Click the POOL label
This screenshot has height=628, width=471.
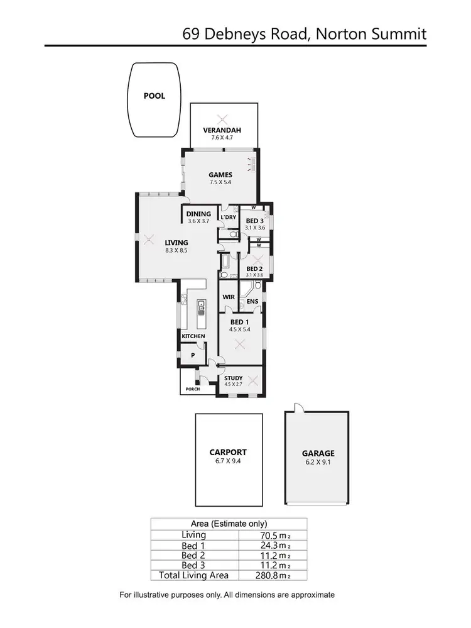point(154,96)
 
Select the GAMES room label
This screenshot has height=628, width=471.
point(221,175)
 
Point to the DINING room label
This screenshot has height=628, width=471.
point(198,214)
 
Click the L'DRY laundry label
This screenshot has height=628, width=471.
point(228,218)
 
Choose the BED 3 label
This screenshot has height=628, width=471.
point(254,221)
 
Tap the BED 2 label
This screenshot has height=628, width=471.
point(254,268)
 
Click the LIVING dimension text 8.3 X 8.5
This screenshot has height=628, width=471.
point(176,250)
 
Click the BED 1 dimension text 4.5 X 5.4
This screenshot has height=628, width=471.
point(240,329)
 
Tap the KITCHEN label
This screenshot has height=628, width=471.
point(193,337)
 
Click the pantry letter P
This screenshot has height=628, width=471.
point(192,355)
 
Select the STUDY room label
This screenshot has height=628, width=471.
point(233,378)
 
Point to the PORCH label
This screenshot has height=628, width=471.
point(192,389)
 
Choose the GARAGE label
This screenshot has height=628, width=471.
point(318,453)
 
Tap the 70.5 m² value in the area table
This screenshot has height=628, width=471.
point(270,535)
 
